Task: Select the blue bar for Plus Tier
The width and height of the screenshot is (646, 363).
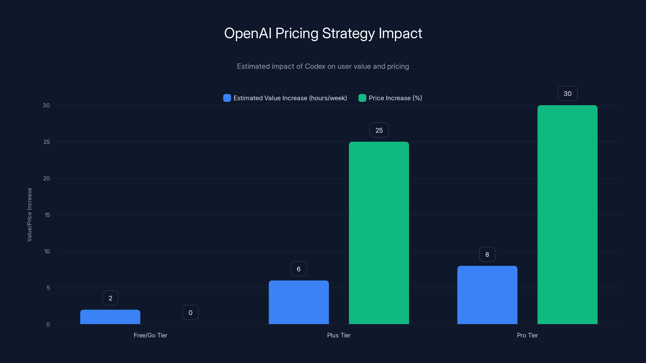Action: pos(299,302)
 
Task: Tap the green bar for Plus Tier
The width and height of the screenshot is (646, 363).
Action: pos(379,233)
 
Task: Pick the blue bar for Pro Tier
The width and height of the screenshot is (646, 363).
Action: pos(487,295)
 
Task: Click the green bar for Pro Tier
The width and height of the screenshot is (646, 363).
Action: pos(567,215)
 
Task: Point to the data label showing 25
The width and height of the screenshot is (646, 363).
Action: pos(379,130)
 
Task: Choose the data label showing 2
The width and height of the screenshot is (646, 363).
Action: pos(110,298)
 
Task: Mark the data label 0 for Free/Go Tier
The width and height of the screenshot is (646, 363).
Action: pos(190,313)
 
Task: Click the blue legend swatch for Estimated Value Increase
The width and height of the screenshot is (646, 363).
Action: pos(227,98)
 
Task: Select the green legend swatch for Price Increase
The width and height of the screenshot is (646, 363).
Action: pos(362,98)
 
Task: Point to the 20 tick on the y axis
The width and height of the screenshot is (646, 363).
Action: pos(46,178)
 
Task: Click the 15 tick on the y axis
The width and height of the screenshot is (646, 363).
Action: pos(47,215)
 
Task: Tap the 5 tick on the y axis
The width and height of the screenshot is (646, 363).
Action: pos(48,288)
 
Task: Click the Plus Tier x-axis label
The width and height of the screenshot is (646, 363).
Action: pos(339,335)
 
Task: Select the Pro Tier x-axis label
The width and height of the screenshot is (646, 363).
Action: pos(527,335)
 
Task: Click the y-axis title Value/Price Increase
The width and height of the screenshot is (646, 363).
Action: pos(29,215)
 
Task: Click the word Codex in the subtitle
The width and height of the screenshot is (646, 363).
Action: pos(315,66)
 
